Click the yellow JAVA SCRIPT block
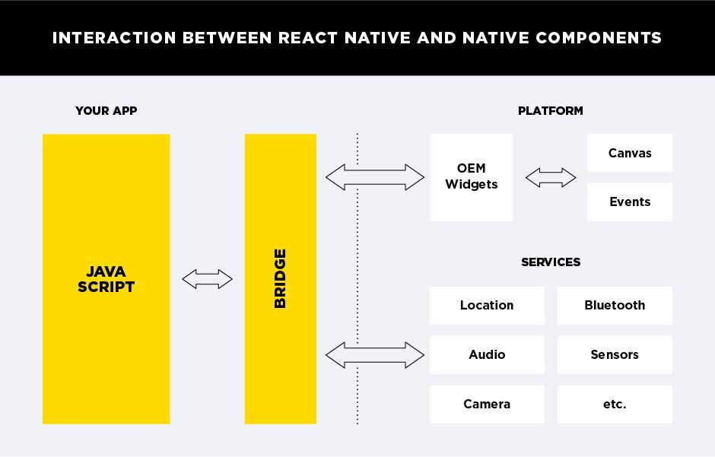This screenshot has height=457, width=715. click(106, 279)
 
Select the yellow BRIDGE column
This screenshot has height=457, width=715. click(280, 278)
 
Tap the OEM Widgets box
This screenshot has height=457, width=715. click(471, 177)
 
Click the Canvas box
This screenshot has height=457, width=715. click(630, 153)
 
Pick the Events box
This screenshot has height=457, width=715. click(630, 202)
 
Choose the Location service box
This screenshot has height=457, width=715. click(487, 305)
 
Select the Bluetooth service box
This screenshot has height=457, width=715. click(615, 305)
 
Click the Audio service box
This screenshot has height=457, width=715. click(487, 354)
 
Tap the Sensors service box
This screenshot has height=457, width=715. click(615, 354)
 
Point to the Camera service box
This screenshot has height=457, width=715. click(487, 404)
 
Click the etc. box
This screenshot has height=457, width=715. click(615, 404)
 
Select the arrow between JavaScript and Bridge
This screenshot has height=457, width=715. click(208, 279)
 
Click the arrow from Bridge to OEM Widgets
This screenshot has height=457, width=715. click(374, 177)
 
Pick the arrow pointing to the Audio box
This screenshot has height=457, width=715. click(374, 355)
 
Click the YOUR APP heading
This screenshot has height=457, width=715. click(106, 110)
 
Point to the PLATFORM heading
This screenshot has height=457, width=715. click(550, 110)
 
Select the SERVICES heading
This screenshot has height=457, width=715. click(550, 262)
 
